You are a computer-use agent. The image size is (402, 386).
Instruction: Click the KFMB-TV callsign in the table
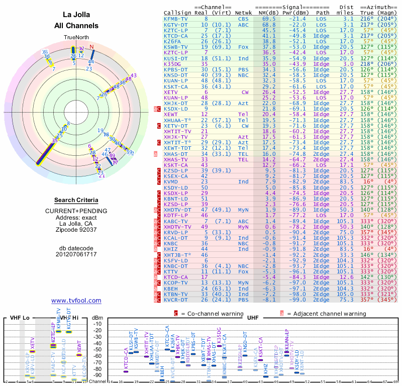coord(176,19)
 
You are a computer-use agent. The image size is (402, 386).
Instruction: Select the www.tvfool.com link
coord(76,300)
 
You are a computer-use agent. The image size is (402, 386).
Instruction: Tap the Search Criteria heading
coord(76,200)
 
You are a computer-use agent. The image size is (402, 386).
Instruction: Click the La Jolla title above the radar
coord(76,15)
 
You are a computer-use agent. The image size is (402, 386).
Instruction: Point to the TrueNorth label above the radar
coord(76,37)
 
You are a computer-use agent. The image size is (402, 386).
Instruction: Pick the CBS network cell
coord(244,19)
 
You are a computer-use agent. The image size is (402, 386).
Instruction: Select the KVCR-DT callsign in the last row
coord(176,300)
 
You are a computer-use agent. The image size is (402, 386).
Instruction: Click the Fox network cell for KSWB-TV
coord(244,47)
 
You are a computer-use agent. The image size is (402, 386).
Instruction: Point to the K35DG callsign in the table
coord(172,64)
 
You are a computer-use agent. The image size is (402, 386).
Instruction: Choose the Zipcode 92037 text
coord(76,230)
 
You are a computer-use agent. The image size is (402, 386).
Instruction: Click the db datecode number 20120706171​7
coord(76,254)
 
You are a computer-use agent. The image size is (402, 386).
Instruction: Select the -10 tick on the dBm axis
coord(98,324)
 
